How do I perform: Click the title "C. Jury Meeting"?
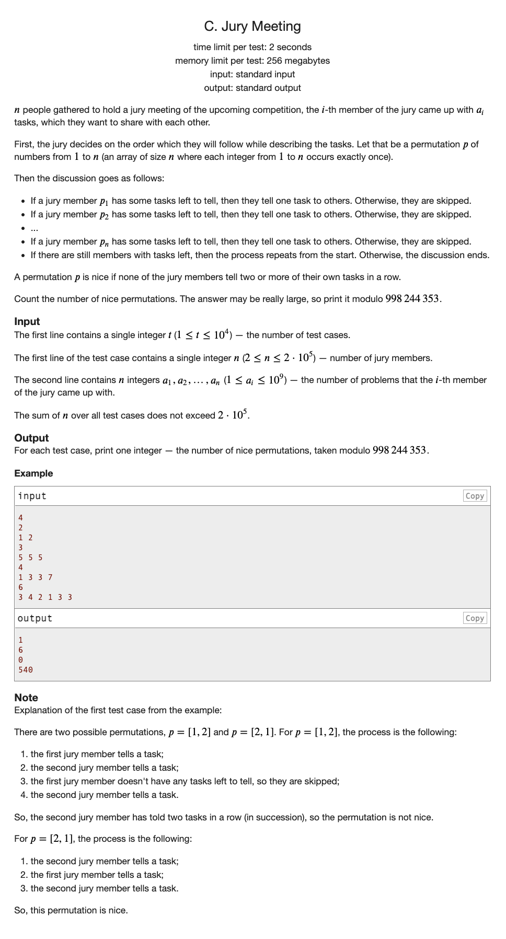click(x=252, y=26)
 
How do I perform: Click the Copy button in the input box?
click(x=475, y=496)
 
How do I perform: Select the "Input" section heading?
click(x=27, y=321)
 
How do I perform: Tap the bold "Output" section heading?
click(x=31, y=438)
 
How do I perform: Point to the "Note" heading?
click(x=26, y=698)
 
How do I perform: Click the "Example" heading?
click(x=33, y=473)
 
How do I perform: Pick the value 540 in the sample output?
click(x=26, y=670)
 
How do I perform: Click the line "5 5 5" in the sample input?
click(x=30, y=558)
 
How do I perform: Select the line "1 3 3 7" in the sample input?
click(x=36, y=577)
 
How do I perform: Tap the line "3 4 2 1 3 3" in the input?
click(x=45, y=597)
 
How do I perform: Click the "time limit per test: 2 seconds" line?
click(x=252, y=47)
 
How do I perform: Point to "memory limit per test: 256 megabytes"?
click(x=252, y=61)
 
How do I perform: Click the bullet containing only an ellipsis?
click(x=34, y=228)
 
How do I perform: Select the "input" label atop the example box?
click(x=32, y=496)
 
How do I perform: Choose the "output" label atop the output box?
click(x=35, y=618)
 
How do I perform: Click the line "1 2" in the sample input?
click(x=26, y=538)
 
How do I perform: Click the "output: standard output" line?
click(x=252, y=88)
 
